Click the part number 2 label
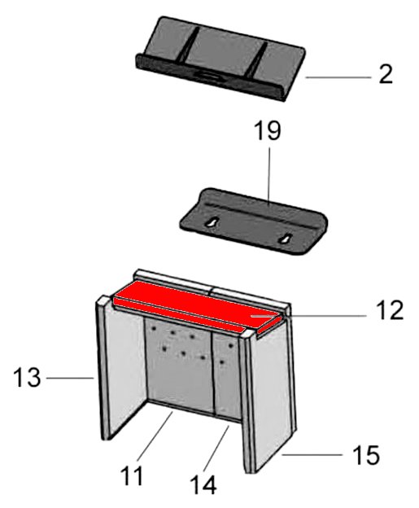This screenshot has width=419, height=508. pos(386,75)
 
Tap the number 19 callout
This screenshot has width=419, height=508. pos(268,131)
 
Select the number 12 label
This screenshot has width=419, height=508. pos(390,310)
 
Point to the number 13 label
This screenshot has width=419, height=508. pos(27,378)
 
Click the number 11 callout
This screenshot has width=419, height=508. pos(132,476)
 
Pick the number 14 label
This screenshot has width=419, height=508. pos(203,485)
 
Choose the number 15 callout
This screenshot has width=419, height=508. pos(366,455)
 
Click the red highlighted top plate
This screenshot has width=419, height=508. pos(198,308)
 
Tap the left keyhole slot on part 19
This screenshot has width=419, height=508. pos(212,223)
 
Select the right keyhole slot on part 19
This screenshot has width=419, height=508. pos(286,239)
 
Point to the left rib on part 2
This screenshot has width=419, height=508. pos(189,46)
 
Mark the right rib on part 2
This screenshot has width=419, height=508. pos(256,60)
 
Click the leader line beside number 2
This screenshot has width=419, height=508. pos(338,77)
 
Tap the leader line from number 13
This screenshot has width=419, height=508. pos(70,378)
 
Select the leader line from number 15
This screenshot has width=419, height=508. pos(312,455)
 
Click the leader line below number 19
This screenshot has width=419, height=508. pos(269,175)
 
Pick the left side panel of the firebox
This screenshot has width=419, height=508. pos(120,368)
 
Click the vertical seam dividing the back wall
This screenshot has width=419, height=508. pos(212,373)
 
